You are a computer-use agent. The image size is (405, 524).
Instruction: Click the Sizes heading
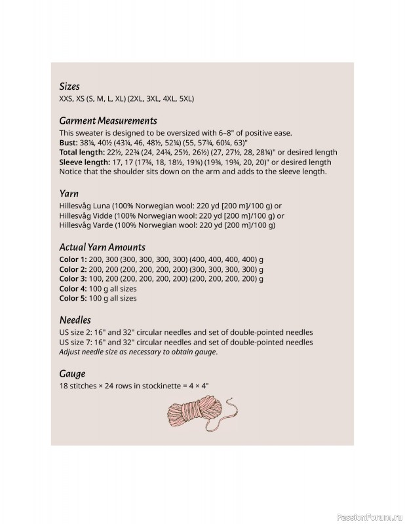[69, 86]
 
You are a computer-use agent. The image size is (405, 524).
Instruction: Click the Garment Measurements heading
[108, 121]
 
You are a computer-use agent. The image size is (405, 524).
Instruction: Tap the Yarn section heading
[69, 194]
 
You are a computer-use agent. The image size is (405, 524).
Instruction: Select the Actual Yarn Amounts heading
[102, 248]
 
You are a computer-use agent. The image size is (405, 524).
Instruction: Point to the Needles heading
[74, 320]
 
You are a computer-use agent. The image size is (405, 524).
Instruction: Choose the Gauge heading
[72, 374]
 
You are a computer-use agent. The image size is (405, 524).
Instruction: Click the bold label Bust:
[68, 143]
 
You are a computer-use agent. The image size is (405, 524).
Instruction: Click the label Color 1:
[73, 259]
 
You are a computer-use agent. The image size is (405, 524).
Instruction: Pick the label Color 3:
[73, 279]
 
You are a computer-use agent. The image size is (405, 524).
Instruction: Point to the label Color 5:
[73, 298]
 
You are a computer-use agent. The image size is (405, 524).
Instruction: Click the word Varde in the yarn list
[106, 225]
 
